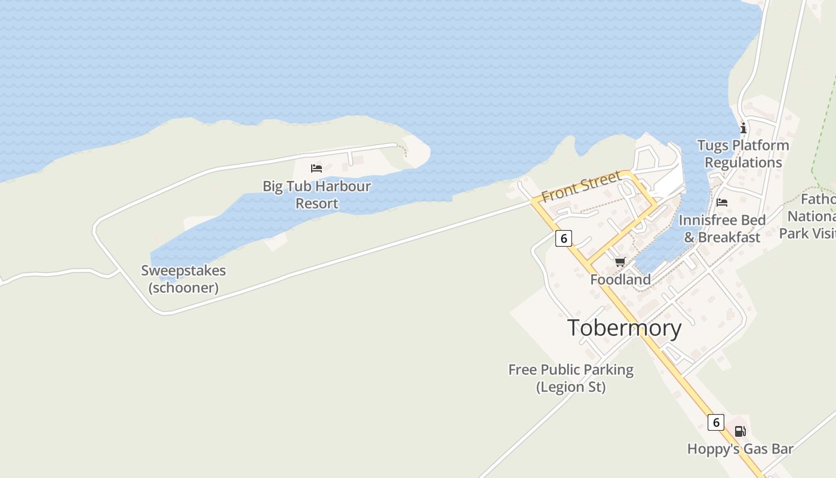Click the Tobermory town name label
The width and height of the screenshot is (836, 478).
click(624, 328)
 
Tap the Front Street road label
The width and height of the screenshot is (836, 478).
click(581, 186)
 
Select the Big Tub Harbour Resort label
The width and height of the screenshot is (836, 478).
click(316, 195)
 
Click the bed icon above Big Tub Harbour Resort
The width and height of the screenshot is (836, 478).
click(316, 168)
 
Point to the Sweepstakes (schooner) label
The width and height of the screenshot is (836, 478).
click(183, 279)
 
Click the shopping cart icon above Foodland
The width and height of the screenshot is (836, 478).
click(620, 262)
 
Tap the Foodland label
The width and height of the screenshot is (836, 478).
click(620, 280)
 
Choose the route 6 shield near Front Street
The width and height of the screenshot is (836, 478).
click(563, 238)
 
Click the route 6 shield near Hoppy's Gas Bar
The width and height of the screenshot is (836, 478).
click(716, 422)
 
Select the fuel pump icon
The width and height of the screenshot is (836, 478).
click(740, 431)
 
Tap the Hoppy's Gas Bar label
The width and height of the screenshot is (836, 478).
click(740, 449)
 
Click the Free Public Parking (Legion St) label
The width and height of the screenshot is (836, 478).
click(571, 378)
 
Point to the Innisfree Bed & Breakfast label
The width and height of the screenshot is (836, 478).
click(722, 228)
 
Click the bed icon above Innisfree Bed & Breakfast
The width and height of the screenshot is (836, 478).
click(722, 203)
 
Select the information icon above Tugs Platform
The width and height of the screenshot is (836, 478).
click(743, 128)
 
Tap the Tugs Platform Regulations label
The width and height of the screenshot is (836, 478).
click(743, 154)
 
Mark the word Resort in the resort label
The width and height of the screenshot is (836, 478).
click(317, 203)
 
